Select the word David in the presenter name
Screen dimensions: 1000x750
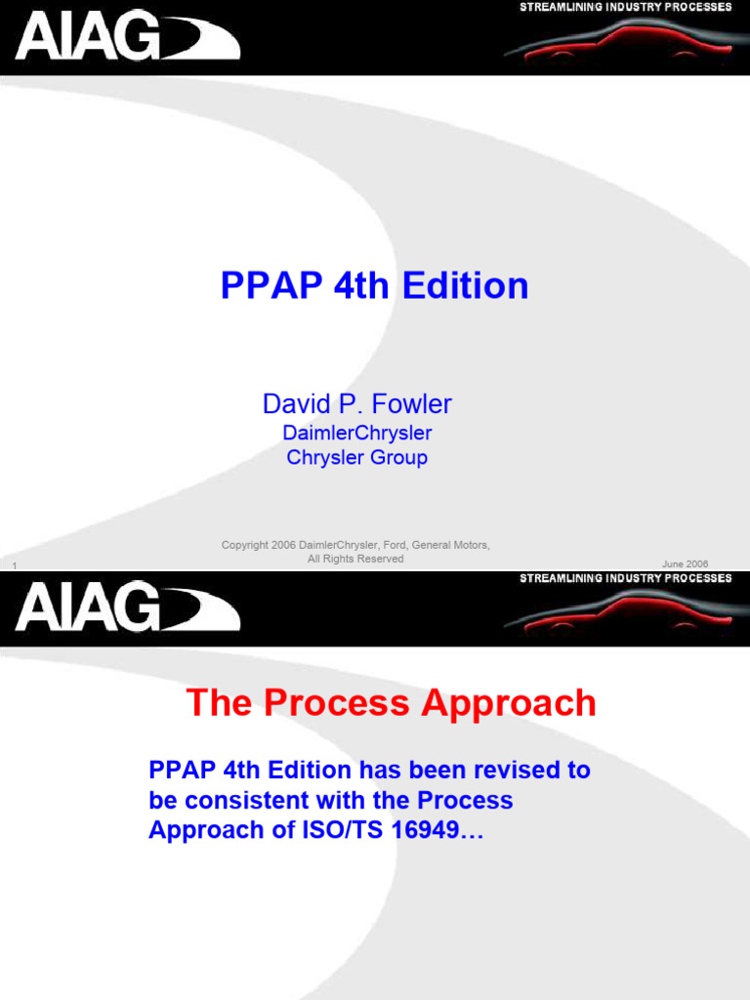coord(292,404)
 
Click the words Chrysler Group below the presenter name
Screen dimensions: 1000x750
coord(356,457)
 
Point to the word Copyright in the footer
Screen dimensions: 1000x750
coord(244,545)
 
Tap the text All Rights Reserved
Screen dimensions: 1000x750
coord(355,559)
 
